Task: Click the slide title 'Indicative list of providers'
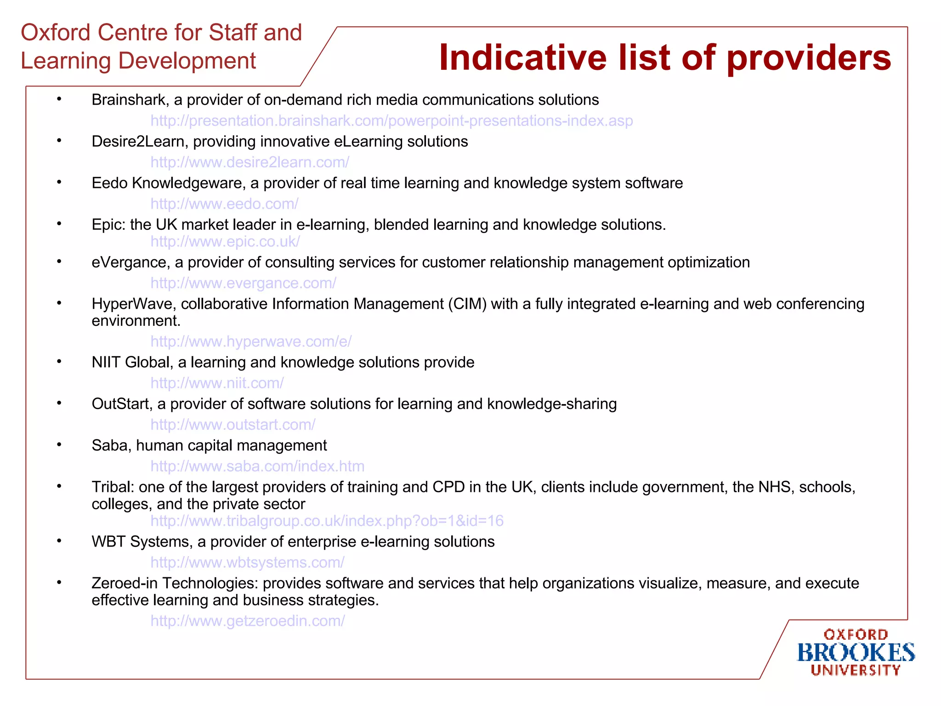coord(664,58)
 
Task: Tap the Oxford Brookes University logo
coord(855,652)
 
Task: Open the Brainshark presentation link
coord(391,121)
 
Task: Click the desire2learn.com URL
coord(249,162)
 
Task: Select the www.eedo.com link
coord(224,204)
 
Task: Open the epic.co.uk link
coord(225,241)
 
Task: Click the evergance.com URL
coord(243,283)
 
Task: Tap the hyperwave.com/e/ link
coord(251,342)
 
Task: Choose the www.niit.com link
coord(217,383)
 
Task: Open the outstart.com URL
coord(232,425)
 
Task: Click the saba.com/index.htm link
coord(257,466)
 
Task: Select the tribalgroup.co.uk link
coord(327,521)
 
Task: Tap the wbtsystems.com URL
coord(247,562)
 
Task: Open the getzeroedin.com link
coord(247,621)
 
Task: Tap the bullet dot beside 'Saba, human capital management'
coord(59,444)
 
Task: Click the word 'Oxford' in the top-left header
coord(56,33)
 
